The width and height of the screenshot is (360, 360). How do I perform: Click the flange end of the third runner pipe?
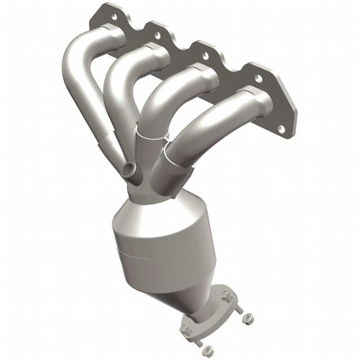pyautogui.click(x=207, y=76)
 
